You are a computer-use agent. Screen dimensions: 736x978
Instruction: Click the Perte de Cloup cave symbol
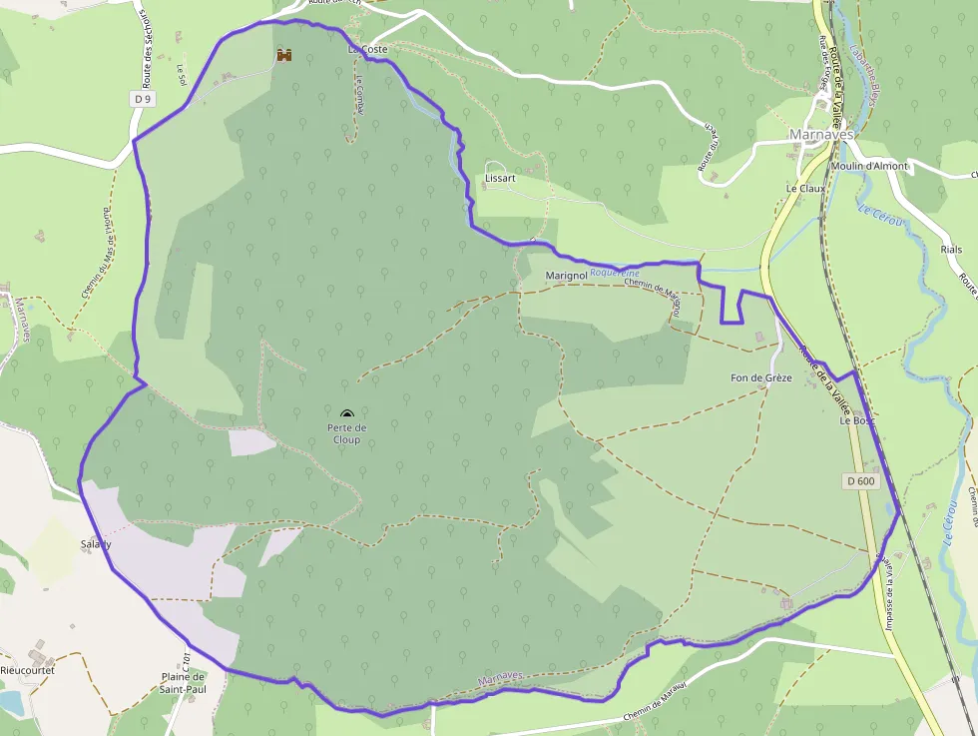pos(346,413)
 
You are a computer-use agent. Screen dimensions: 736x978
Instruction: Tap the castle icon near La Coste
pos(284,55)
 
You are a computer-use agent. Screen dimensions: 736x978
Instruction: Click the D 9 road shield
pos(144,99)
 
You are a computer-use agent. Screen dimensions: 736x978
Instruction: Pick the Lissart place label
pos(499,178)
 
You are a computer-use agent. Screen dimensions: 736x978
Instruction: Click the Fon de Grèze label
pos(760,377)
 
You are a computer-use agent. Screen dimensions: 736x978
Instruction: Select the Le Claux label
pos(805,188)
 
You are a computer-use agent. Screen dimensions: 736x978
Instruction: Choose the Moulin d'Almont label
pos(871,166)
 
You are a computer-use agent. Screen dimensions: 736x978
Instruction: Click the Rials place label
pos(950,250)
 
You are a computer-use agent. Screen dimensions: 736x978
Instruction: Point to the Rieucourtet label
pos(27,670)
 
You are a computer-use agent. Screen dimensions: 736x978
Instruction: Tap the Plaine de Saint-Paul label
pos(183,682)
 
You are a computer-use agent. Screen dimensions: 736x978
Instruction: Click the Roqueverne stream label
pos(614,272)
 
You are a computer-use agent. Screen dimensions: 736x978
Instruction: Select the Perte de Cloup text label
pos(347,433)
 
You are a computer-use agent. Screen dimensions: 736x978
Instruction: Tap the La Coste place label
pos(367,49)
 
